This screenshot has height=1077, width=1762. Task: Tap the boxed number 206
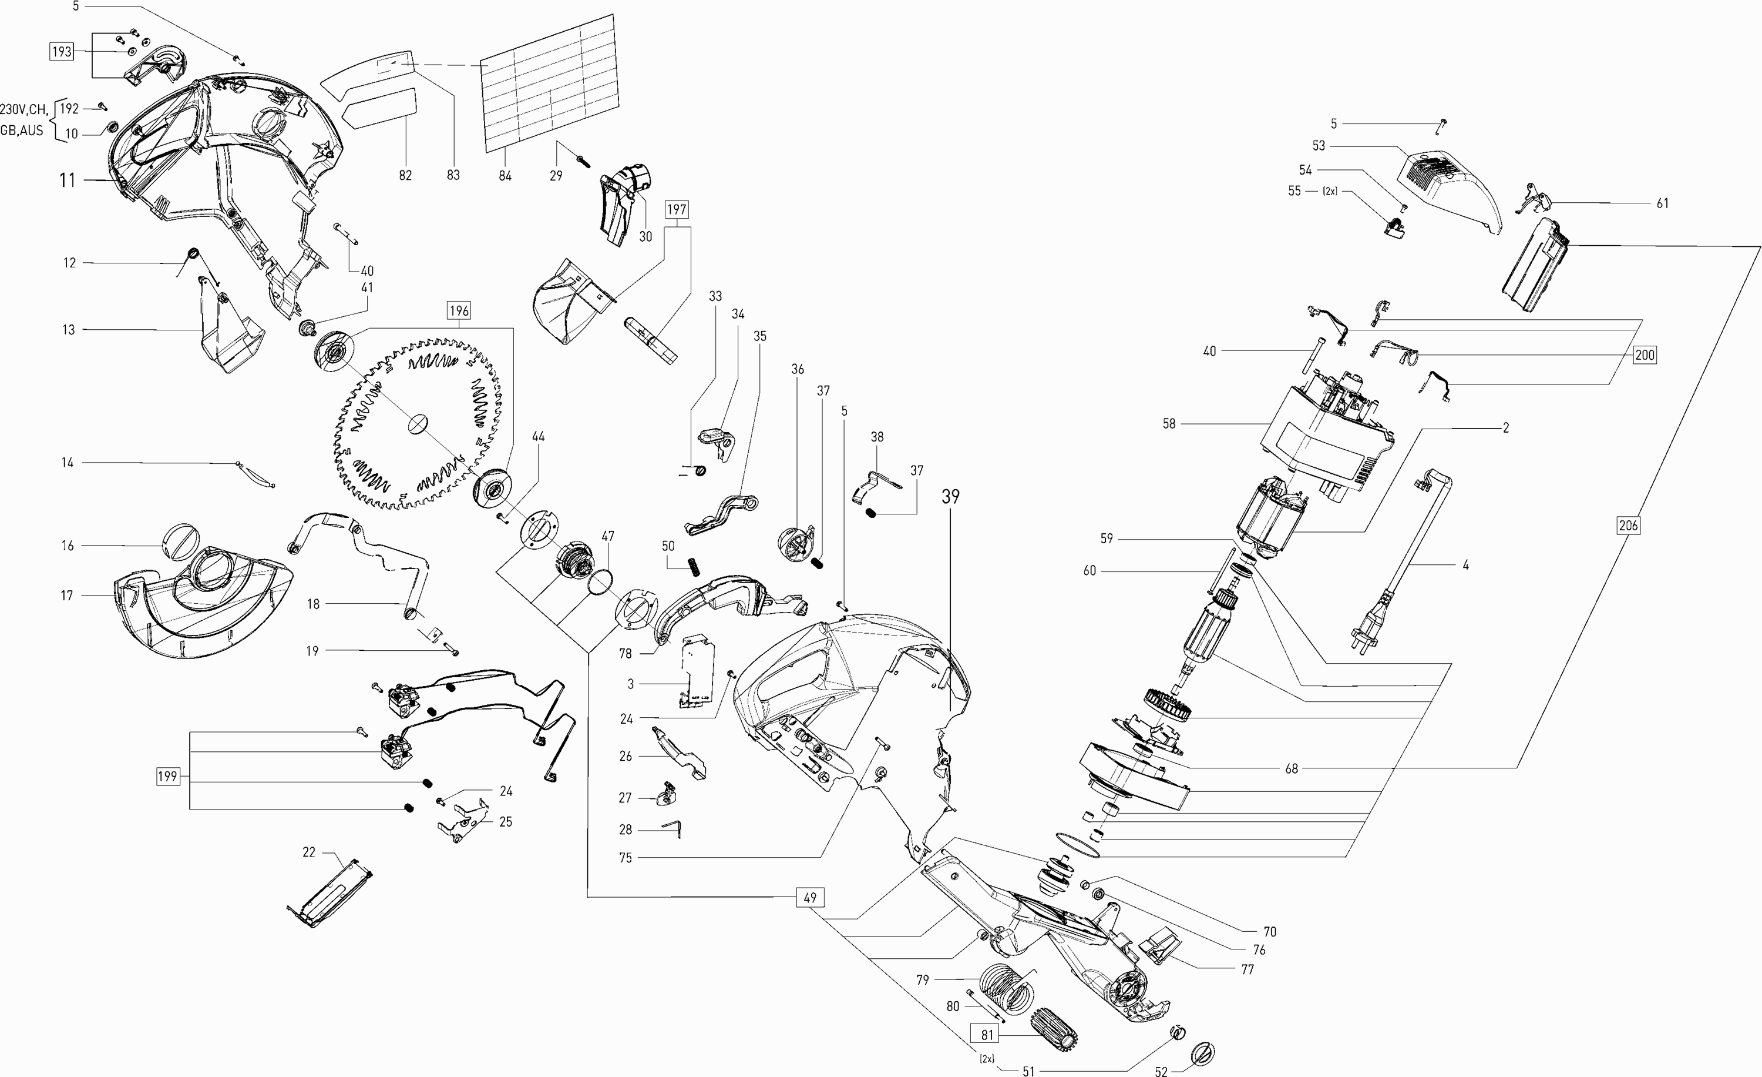coord(1628,525)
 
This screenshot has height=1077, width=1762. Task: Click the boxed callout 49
coord(810,897)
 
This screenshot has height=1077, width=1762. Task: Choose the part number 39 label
coord(950,496)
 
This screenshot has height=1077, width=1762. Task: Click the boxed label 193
coord(62,52)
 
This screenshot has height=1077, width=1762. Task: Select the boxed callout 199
coord(167,777)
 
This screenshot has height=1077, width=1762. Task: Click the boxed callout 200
coord(1645,354)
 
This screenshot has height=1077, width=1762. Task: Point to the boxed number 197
coord(677,210)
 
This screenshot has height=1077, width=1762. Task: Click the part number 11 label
coord(67,180)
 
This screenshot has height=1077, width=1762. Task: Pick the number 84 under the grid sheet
coord(505,175)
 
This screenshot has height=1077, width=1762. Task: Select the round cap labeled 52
coord(1204,1053)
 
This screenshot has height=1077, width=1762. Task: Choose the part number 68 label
coord(1291,768)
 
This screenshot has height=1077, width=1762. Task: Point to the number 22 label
coord(309,852)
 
